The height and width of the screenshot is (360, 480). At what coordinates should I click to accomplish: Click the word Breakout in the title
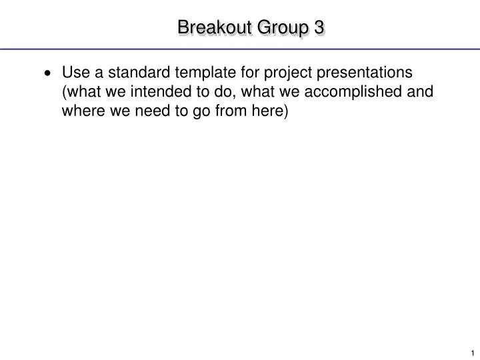[x=207, y=27]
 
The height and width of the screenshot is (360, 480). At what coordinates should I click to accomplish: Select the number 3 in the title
[x=319, y=27]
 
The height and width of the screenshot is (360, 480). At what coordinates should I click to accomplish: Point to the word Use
[x=75, y=72]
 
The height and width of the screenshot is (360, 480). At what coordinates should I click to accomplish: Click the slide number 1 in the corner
[x=471, y=353]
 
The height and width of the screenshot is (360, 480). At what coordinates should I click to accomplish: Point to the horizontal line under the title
[x=240, y=49]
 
